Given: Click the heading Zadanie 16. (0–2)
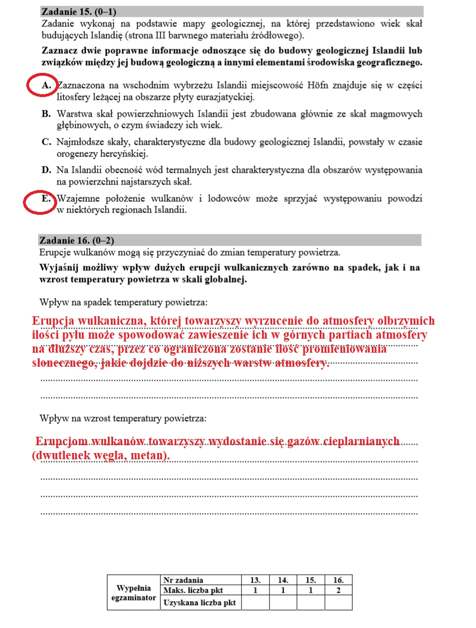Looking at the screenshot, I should click(x=77, y=241).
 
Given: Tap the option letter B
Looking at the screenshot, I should click(x=46, y=114).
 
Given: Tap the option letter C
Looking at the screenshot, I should click(x=46, y=142).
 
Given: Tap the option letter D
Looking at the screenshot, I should click(x=46, y=170).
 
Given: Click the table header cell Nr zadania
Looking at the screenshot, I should click(x=183, y=580).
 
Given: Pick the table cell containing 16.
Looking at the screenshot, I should click(x=338, y=580).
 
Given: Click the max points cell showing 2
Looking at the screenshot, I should click(x=338, y=590).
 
